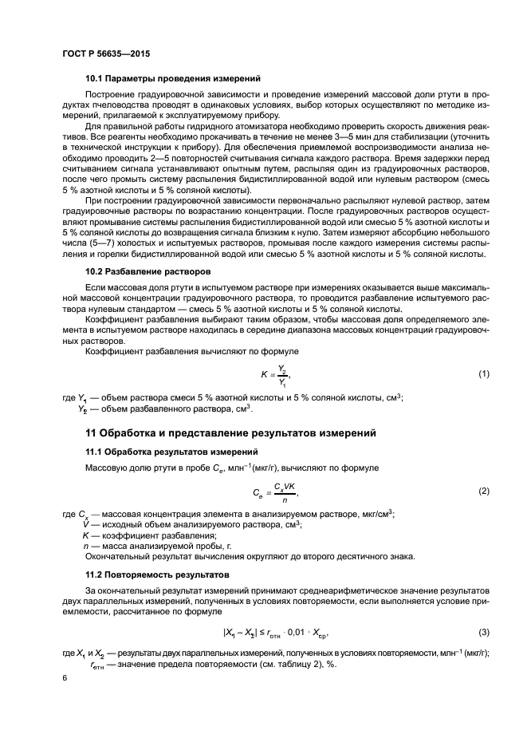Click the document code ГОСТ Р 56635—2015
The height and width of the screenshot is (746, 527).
[105, 53]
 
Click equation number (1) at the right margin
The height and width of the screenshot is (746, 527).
[482, 374]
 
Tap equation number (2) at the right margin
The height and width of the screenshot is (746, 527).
[482, 491]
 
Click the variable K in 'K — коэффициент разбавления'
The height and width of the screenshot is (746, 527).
[85, 535]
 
